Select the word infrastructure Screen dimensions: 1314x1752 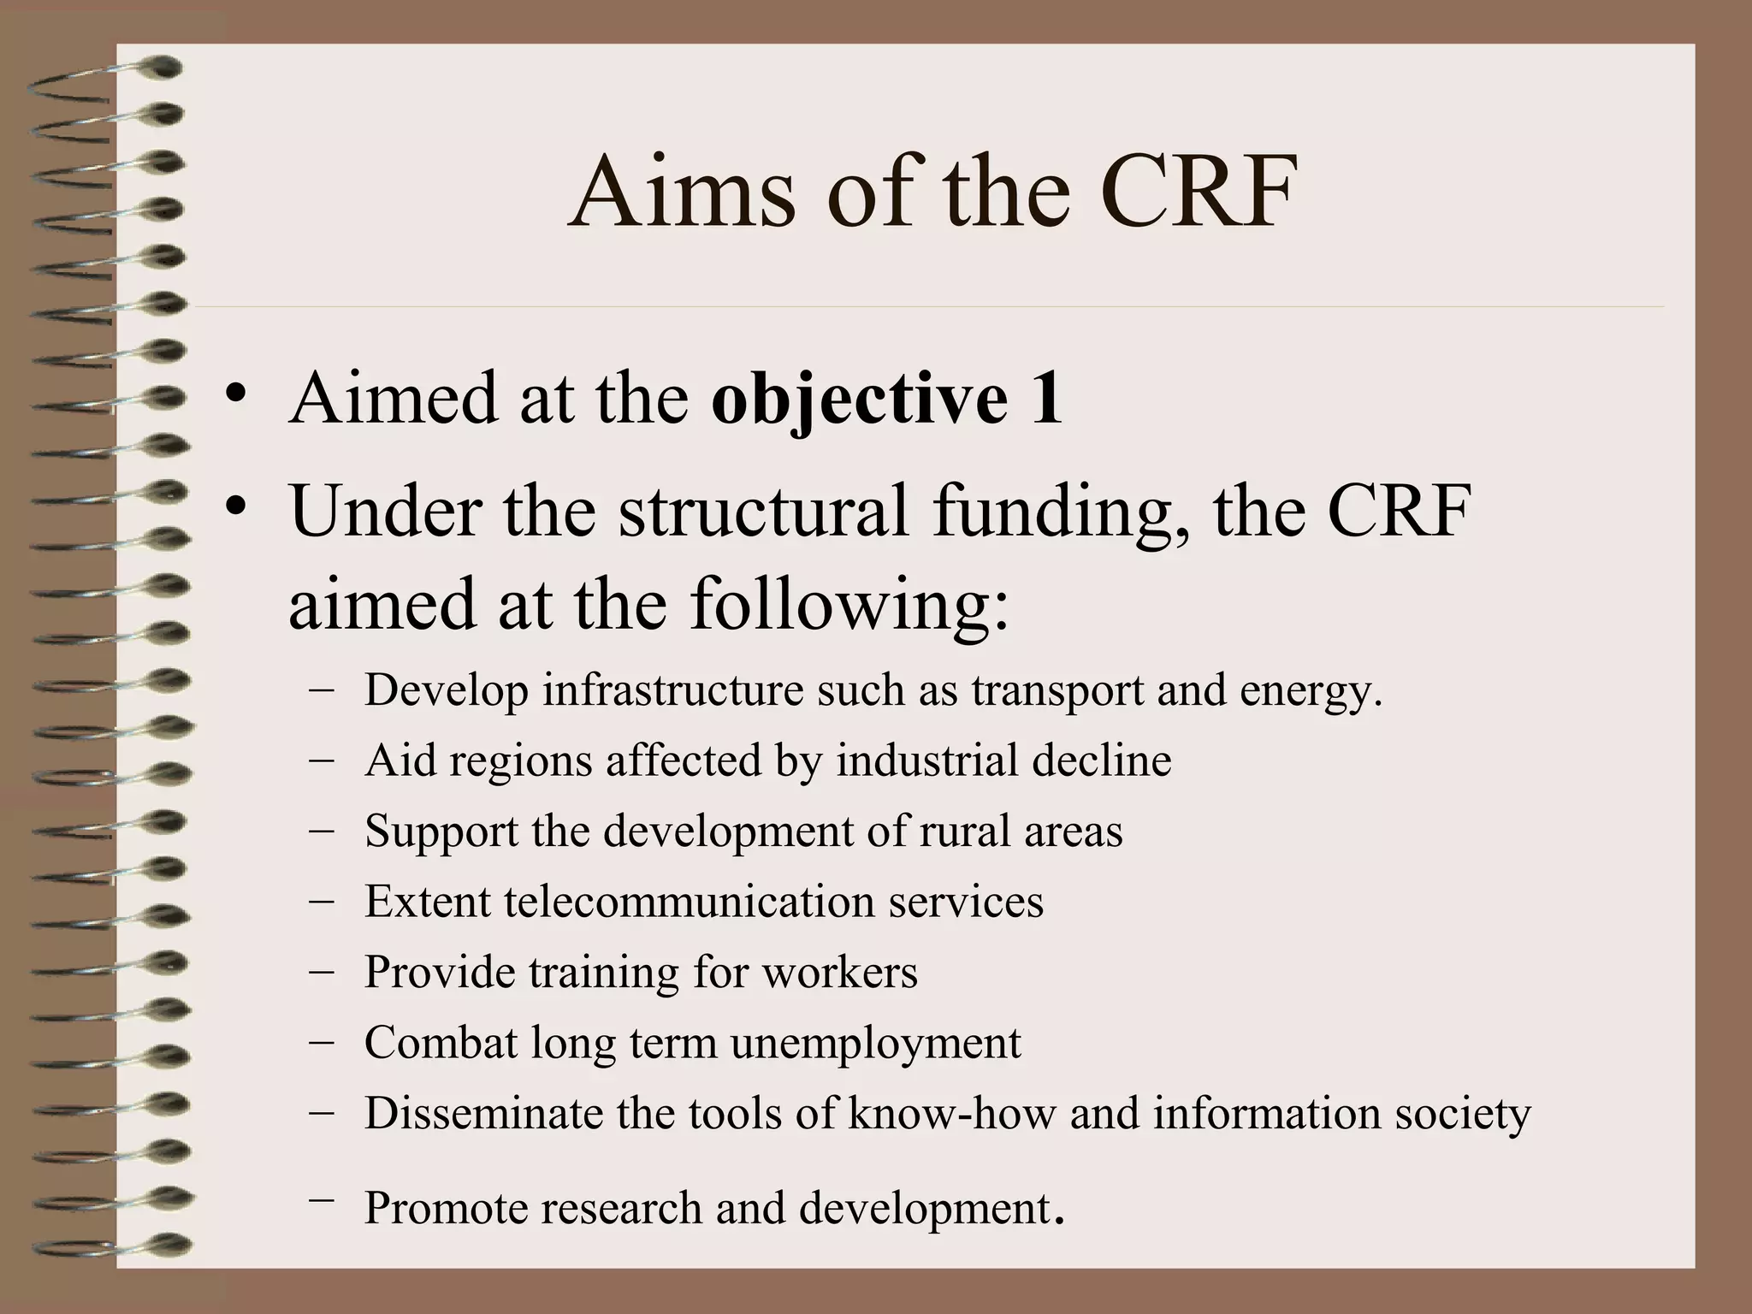click(x=672, y=690)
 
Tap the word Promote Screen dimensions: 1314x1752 click(x=445, y=1208)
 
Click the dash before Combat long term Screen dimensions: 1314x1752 click(x=322, y=1042)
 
